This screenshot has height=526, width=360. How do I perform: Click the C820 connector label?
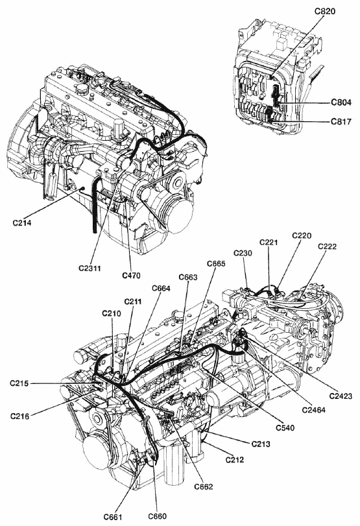(325, 11)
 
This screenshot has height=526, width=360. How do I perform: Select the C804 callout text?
(341, 102)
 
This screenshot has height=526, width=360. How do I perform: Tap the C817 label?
(341, 121)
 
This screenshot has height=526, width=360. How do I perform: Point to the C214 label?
(23, 222)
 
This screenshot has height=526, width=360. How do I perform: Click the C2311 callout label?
(90, 268)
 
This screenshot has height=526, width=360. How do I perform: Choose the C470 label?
(131, 276)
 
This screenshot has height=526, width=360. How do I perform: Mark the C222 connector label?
(328, 246)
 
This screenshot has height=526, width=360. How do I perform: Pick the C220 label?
(302, 236)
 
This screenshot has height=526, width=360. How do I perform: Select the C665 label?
(216, 263)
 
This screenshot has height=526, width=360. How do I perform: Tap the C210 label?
(112, 313)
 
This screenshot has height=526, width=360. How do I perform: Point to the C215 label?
(20, 383)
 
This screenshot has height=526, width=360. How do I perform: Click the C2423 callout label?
(341, 396)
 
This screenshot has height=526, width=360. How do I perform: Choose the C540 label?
(285, 427)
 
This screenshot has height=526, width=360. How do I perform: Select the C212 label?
(235, 459)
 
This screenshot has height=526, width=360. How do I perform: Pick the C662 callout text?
(203, 486)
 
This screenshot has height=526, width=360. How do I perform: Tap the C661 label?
(113, 517)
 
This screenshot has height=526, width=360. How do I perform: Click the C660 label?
(157, 516)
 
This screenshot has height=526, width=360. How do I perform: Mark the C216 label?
(20, 416)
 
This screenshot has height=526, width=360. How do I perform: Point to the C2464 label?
(314, 410)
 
